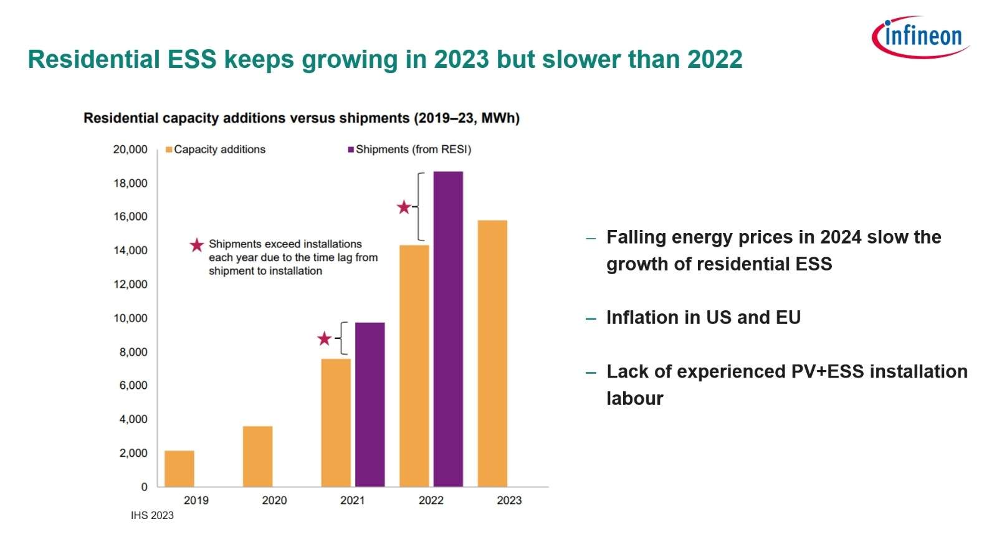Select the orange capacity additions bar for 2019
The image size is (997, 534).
pyautogui.click(x=179, y=468)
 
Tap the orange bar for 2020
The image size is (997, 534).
pyautogui.click(x=257, y=456)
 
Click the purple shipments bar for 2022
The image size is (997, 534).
pyautogui.click(x=448, y=328)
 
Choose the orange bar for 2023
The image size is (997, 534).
pyautogui.click(x=492, y=353)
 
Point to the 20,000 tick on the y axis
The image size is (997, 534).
pyautogui.click(x=130, y=150)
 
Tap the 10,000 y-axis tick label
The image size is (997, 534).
pyautogui.click(x=130, y=318)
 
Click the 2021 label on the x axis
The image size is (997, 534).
pyautogui.click(x=352, y=500)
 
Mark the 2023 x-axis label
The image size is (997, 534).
pyautogui.click(x=508, y=500)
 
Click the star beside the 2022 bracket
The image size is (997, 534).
pyautogui.click(x=404, y=207)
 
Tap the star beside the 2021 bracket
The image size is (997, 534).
pyautogui.click(x=324, y=339)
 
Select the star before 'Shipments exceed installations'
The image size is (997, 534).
pyautogui.click(x=197, y=245)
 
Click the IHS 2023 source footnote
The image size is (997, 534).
pyautogui.click(x=152, y=515)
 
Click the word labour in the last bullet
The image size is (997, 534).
pyautogui.click(x=634, y=399)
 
